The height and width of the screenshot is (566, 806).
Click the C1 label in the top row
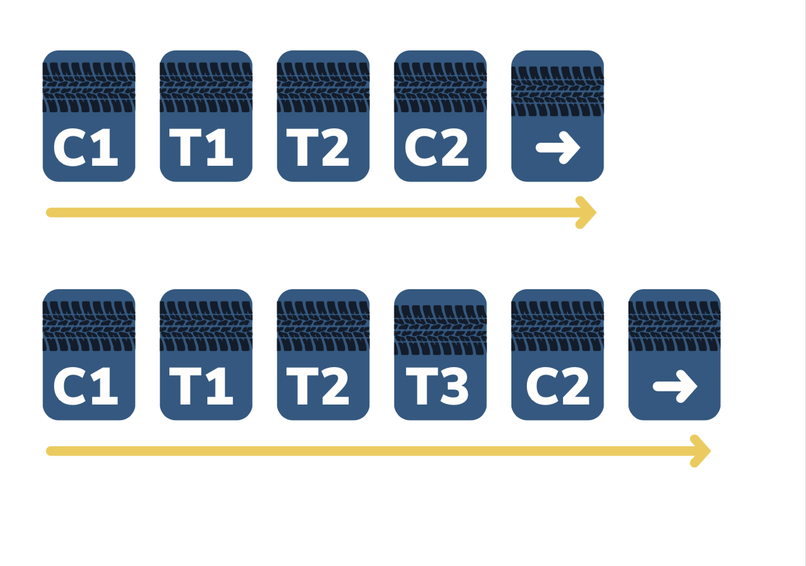click(x=85, y=148)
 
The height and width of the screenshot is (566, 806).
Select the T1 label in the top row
click(x=201, y=148)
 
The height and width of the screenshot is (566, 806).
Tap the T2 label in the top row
click(x=318, y=148)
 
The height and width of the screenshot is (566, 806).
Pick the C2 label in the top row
click(x=437, y=148)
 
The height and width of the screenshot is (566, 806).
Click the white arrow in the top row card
click(x=558, y=148)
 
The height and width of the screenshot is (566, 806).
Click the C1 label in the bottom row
click(x=85, y=386)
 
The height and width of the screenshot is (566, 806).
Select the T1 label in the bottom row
click(x=201, y=386)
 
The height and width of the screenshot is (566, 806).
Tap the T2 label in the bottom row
click(x=318, y=386)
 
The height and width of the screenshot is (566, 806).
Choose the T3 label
click(x=437, y=386)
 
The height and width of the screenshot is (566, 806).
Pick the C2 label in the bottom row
click(x=557, y=386)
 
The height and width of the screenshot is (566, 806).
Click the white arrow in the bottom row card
click(x=675, y=386)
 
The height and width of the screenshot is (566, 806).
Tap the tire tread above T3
click(x=440, y=330)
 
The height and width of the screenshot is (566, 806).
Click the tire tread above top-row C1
click(x=89, y=87)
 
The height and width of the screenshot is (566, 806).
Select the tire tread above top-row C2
click(x=440, y=87)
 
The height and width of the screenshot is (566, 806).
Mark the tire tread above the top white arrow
click(x=557, y=92)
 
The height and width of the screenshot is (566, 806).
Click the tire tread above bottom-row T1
click(x=206, y=326)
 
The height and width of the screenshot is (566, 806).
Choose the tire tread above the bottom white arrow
click(x=675, y=326)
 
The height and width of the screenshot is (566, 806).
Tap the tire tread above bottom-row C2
click(x=557, y=326)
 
